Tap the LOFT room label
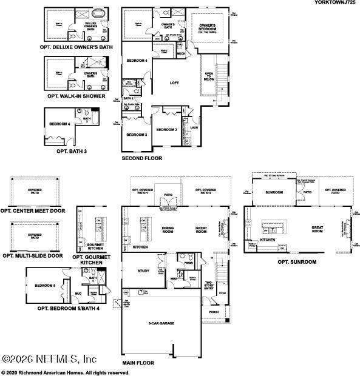pos(174,83)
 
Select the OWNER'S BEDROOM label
pos(208,27)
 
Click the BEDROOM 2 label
pos(166,130)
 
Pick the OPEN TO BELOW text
pos(209,76)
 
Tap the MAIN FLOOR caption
pos(138,363)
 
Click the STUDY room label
pos(143,271)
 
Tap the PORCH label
pos(213,313)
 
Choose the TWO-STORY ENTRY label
pos(209,285)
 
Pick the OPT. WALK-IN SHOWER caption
pos(76,96)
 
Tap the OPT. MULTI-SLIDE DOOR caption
pos(32,255)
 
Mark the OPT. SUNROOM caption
pos(297,262)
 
